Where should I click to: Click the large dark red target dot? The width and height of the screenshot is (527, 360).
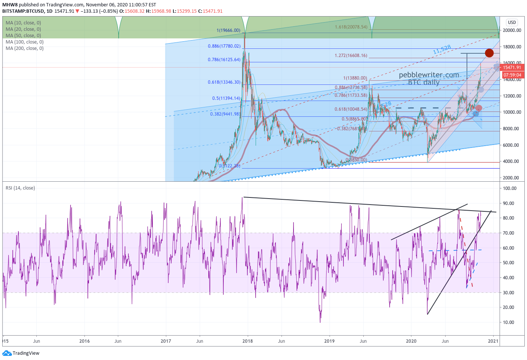[x=489, y=53]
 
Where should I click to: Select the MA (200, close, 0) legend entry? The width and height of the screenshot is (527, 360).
[x=24, y=48]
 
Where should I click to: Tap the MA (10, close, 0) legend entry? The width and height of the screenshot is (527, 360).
[x=23, y=23]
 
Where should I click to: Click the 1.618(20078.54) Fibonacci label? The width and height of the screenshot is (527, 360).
[x=351, y=27]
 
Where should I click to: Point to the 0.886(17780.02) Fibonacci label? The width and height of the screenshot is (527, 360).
[x=224, y=46]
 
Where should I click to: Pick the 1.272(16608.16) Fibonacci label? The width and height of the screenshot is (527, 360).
[x=351, y=56]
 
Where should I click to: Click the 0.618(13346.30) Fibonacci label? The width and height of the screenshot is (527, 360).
[x=224, y=82]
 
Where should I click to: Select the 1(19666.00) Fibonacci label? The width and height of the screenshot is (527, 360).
[x=228, y=30]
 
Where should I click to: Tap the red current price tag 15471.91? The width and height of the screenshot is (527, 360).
[x=512, y=68]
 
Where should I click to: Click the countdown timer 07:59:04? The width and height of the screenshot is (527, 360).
[x=512, y=75]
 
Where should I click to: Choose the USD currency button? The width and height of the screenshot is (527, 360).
[x=512, y=23]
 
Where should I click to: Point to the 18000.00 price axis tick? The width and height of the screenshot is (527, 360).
[x=512, y=47]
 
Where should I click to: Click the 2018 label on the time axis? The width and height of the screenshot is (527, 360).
[x=247, y=341]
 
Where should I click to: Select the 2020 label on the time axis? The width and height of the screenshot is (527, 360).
[x=411, y=341]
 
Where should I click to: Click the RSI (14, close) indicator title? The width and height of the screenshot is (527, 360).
[x=20, y=188]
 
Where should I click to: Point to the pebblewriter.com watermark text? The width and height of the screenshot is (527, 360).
[x=429, y=75]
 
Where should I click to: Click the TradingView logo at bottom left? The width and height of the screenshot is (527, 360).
[x=21, y=353]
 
